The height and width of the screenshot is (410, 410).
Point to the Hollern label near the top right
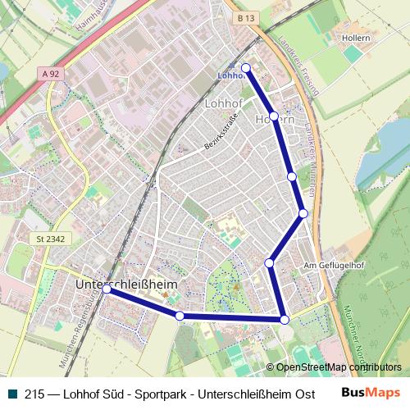click(350, 37)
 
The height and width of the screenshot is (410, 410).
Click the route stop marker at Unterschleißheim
click(107, 289)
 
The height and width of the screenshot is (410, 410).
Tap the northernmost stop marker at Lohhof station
click(245, 67)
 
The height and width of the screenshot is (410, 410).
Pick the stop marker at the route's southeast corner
click(284, 319)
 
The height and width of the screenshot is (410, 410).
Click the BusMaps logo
click(371, 393)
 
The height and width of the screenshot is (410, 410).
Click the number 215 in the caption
click(34, 394)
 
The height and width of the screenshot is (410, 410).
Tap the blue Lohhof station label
click(231, 75)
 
